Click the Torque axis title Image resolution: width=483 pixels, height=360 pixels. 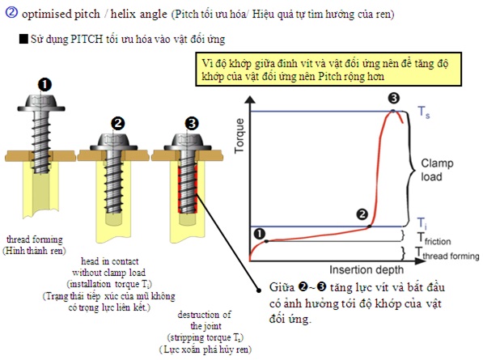(239, 136)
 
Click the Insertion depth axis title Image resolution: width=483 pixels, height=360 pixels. (366, 269)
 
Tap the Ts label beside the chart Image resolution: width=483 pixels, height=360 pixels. (424, 112)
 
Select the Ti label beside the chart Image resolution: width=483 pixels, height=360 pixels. (422, 223)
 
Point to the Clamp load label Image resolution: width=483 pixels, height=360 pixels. (437, 170)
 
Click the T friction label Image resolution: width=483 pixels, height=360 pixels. (434, 239)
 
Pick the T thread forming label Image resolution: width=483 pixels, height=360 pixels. (447, 253)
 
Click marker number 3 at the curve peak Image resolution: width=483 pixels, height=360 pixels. (394, 98)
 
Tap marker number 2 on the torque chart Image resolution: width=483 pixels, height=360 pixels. (362, 214)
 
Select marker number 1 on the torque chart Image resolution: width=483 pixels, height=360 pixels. (260, 234)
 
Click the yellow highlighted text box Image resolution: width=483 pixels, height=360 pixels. (328, 70)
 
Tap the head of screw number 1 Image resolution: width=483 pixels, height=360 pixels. (41, 104)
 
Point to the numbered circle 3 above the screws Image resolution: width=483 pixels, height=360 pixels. (192, 124)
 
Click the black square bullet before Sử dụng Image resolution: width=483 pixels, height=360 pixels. (23, 39)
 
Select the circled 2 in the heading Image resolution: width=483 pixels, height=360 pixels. (11, 13)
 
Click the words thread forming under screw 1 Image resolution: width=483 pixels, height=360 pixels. (35, 239)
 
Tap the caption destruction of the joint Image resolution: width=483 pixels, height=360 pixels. (205, 320)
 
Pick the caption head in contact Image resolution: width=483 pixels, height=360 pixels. (110, 261)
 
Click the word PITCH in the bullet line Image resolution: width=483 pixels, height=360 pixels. (87, 40)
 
